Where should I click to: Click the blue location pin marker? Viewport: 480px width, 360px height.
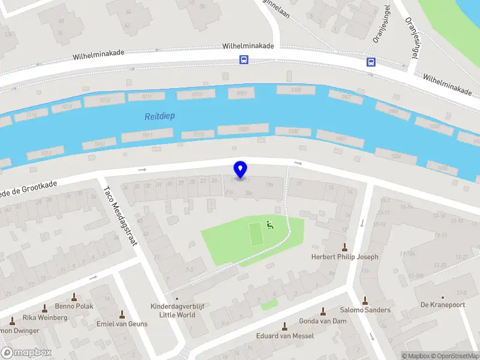241,170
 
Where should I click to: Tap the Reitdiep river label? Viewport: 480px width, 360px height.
160,116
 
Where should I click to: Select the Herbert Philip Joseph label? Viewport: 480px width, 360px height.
344,257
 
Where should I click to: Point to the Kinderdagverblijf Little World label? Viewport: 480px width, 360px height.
177,310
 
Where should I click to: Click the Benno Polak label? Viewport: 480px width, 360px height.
74,306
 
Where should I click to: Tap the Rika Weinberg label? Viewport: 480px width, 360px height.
45,317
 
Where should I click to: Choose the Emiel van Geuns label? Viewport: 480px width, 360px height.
122,324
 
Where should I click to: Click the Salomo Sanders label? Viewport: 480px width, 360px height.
365,310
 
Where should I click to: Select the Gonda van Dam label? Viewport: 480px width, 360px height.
323,321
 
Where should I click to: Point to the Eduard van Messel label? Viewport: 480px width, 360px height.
285,336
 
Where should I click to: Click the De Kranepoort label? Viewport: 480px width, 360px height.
443,305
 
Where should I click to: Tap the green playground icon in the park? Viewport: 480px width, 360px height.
269,226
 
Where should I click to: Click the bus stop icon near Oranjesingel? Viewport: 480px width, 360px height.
371,62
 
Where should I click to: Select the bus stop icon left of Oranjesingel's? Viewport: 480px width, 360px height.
244,59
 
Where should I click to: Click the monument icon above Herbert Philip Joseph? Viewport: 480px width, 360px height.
344,247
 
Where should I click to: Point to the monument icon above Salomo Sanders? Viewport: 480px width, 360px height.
365,301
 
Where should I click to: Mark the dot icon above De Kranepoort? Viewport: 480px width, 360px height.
443,296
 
